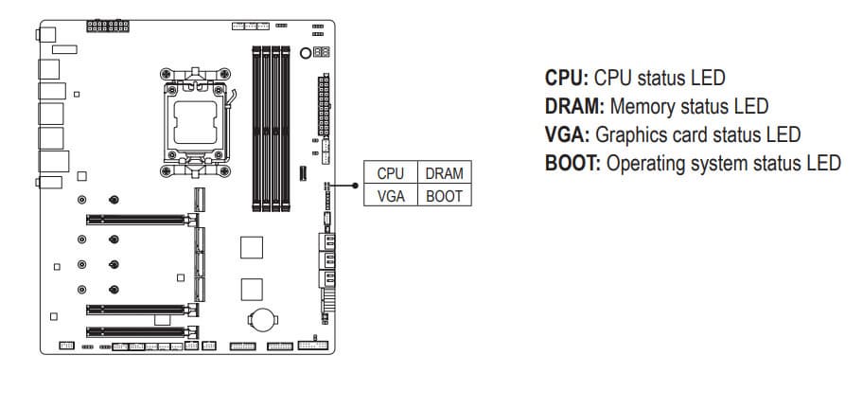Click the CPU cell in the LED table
(390, 173)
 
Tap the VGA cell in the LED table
(390, 196)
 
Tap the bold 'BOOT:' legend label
(572, 163)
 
